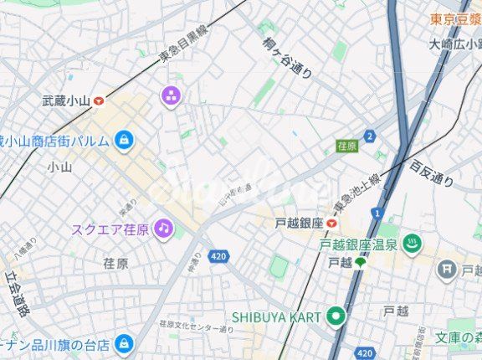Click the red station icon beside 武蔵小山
(x=100, y=100)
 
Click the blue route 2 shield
(x=370, y=136)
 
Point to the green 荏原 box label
(x=346, y=147)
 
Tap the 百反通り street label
(x=431, y=172)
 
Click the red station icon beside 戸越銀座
(x=332, y=224)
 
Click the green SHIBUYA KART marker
(x=336, y=316)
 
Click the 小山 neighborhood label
(x=59, y=167)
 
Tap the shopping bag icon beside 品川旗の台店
(x=124, y=343)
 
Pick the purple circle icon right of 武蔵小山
(x=171, y=95)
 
